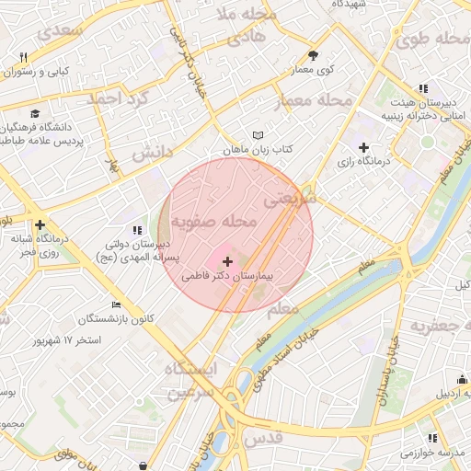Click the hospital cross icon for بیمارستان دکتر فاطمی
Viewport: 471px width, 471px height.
click(228, 262)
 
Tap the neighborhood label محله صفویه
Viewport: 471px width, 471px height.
click(213, 222)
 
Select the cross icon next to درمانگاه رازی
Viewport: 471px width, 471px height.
click(363, 147)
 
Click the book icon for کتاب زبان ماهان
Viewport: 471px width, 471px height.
click(258, 136)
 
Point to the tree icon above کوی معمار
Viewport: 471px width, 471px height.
click(313, 54)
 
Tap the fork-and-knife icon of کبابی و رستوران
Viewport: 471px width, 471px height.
click(23, 57)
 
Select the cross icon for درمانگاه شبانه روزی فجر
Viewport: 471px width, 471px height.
click(40, 224)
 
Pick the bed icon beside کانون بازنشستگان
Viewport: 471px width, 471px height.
click(115, 304)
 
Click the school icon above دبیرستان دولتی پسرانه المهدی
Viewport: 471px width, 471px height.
click(137, 230)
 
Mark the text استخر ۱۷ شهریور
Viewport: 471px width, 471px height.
click(67, 340)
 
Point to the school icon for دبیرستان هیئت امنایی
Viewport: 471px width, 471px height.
click(423, 89)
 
